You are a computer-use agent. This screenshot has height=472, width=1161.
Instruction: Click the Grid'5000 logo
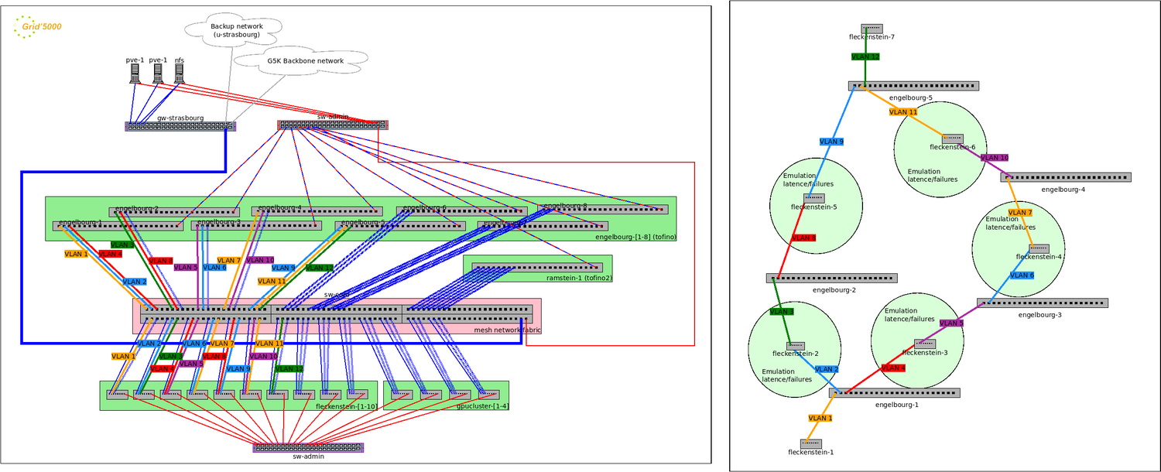point(38,27)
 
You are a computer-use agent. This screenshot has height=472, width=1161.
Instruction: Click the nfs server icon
point(180,73)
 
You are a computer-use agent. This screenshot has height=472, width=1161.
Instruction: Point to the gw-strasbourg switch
point(180,126)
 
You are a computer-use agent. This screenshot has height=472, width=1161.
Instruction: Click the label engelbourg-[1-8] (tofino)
point(635,237)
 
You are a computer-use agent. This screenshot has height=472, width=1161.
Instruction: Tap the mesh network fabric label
point(506,330)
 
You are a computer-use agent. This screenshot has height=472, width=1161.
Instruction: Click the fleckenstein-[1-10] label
point(344,406)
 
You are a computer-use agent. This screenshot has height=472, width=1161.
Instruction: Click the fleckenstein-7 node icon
point(872,29)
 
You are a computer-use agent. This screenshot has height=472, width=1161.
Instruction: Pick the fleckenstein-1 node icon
point(810,443)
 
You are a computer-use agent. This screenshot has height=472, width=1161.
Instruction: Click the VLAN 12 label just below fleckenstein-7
point(865,56)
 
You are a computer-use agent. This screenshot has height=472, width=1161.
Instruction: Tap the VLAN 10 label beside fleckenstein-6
point(995,158)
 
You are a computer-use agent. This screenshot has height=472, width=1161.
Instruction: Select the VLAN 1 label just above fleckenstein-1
point(820,418)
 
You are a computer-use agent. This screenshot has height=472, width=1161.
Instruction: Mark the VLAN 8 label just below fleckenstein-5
point(803,238)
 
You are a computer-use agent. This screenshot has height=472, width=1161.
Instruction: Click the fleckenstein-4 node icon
point(1039,248)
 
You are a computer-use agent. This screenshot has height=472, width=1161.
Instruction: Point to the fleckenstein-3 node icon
point(925,344)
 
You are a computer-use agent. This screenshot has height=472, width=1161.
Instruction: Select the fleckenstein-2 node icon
point(795,346)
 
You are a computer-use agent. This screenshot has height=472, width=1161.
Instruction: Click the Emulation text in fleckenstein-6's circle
point(924,172)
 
